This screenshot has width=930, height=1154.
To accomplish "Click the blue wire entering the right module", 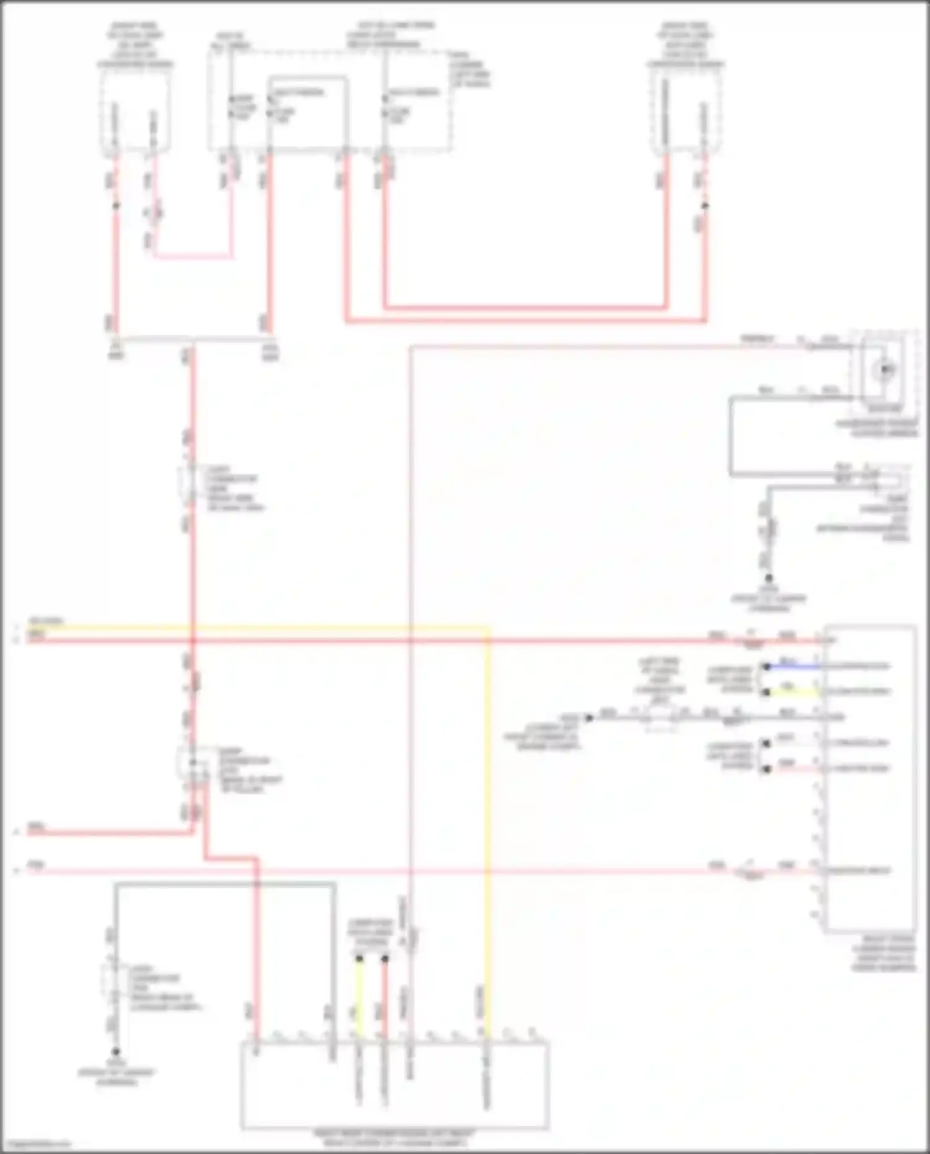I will (x=794, y=667).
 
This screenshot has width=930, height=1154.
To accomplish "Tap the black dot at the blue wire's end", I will (x=767, y=667).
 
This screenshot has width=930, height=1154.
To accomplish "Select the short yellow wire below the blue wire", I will (x=794, y=692).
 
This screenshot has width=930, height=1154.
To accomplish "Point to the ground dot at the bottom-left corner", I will (x=115, y=1052).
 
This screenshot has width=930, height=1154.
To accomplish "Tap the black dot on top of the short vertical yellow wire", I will (x=359, y=959).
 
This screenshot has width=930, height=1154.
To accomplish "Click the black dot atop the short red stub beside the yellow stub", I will (x=385, y=959).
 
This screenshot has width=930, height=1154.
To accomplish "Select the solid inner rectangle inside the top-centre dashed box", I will (x=308, y=112).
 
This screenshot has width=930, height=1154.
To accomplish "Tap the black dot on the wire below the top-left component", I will (x=116, y=205).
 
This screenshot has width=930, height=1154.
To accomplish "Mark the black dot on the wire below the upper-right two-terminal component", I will (x=705, y=205).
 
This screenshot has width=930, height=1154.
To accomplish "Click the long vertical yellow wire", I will (x=488, y=806).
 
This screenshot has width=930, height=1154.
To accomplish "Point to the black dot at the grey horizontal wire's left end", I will (x=589, y=717).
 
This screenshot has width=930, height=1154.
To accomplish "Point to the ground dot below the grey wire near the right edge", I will (x=769, y=578).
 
